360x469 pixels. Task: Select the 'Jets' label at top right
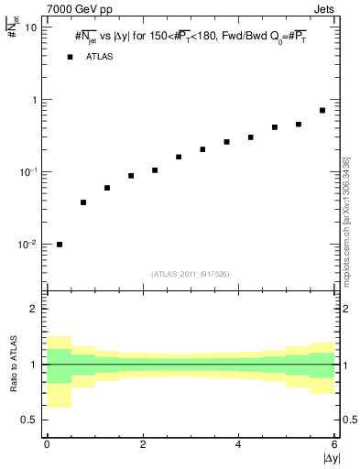(325, 9)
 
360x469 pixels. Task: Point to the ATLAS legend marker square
(70, 57)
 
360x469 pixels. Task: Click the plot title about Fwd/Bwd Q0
(192, 38)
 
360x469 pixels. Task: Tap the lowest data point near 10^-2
(60, 245)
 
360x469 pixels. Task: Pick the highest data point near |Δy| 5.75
(322, 111)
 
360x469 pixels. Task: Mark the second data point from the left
(83, 202)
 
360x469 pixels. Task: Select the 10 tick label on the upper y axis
(30, 27)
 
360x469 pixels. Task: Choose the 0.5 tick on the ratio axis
(28, 420)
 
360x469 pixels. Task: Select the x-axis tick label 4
(238, 445)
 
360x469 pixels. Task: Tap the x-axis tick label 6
(334, 445)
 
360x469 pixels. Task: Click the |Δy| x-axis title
(331, 458)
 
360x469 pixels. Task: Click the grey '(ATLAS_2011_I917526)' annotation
(191, 273)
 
